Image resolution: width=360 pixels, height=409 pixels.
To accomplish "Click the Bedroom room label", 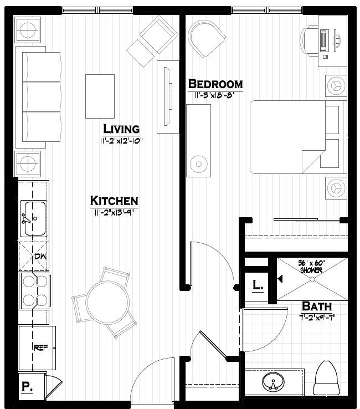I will [215, 84].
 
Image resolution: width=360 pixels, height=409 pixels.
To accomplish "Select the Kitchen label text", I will [114, 201].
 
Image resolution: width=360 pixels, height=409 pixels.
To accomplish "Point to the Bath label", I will [317, 306].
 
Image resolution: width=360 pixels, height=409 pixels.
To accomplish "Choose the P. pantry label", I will [26, 387].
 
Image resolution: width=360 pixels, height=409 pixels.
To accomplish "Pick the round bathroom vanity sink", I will [271, 382].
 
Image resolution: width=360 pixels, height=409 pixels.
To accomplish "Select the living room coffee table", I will [100, 96].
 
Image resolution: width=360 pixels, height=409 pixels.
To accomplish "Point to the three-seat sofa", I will [38, 98].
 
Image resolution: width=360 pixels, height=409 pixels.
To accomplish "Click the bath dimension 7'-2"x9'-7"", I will [316, 318].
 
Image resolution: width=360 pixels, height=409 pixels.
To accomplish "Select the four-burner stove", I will [34, 291].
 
